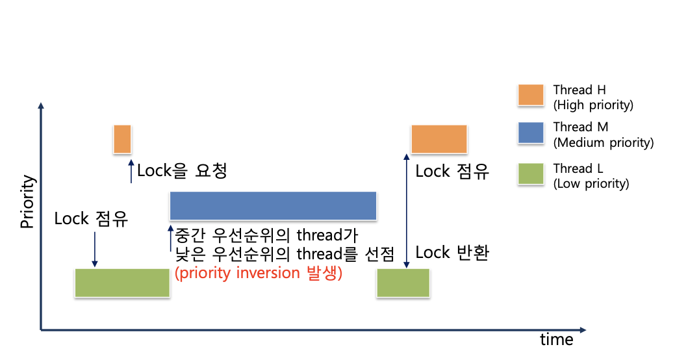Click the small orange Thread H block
coord(122,139)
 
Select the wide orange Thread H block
coord(439,139)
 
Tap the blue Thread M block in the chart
coord(273,205)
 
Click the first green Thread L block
coord(122,283)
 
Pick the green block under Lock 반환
coord(403,283)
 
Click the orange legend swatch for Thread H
coord(531,96)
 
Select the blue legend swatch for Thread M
coord(531,133)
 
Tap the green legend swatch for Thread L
coord(531,174)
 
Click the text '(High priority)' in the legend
coord(592,105)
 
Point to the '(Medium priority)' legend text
coord(603,143)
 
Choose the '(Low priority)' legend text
coord(591,183)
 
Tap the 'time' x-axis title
coord(557,340)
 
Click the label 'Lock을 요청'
coord(182,171)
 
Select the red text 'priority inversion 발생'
coord(259,273)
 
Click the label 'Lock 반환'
coord(452,252)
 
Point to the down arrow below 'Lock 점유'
coord(95,250)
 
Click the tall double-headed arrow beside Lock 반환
coord(407,211)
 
